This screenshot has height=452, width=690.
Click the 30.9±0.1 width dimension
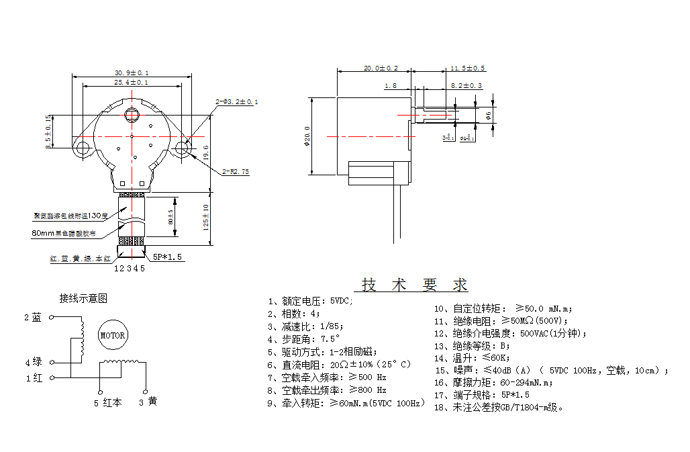pyautogui.click(x=132, y=73)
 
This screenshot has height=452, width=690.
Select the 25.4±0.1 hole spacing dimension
pyautogui.click(x=132, y=82)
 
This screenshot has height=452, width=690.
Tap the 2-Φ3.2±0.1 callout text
pyautogui.click(x=236, y=102)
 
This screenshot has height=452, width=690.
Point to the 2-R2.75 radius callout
pyautogui.click(x=236, y=172)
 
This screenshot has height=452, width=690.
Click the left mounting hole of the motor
pyautogui.click(x=84, y=147)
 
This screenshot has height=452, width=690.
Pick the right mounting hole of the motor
pyautogui.click(x=181, y=147)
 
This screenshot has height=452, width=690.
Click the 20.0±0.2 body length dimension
pyautogui.click(x=381, y=69)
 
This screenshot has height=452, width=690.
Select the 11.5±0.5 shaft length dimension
pyautogui.click(x=468, y=69)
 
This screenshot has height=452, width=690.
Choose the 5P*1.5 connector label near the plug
pyautogui.click(x=167, y=257)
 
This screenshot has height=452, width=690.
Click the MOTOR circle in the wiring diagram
pyautogui.click(x=112, y=335)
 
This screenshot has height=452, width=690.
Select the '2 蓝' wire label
pyautogui.click(x=33, y=318)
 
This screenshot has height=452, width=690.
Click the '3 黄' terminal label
pyautogui.click(x=148, y=402)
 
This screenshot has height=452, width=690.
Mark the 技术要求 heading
pyautogui.click(x=415, y=284)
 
